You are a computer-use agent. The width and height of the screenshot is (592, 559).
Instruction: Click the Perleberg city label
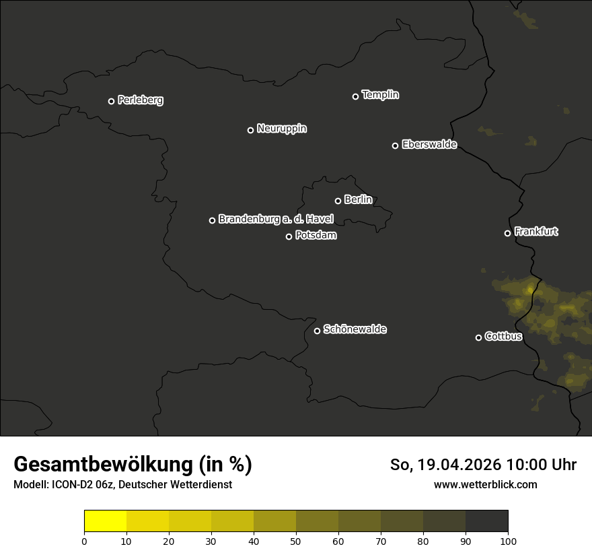tap(140, 100)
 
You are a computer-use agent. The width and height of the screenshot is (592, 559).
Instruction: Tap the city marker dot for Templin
tap(355, 96)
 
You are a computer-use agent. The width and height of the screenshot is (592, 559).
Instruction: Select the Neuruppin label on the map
tap(281, 129)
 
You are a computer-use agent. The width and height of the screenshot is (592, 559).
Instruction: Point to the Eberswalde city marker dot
tap(395, 145)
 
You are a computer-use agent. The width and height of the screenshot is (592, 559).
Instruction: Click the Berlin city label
tap(358, 199)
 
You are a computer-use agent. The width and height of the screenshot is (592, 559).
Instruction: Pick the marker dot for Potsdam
tap(289, 236)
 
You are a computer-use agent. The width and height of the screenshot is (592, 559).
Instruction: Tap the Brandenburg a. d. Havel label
tap(276, 219)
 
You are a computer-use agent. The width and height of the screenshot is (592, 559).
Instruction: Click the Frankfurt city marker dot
tap(507, 233)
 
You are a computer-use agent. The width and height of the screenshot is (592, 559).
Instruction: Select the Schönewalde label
tap(355, 329)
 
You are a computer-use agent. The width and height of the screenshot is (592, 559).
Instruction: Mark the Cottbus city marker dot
tap(478, 337)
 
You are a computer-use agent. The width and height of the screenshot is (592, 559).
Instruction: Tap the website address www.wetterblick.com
tap(485, 484)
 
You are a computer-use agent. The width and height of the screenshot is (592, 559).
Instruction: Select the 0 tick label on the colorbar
tap(84, 541)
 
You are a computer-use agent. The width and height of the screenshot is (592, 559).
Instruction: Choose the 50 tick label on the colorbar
tap(296, 541)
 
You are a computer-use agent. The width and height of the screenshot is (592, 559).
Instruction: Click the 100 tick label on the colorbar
tap(508, 541)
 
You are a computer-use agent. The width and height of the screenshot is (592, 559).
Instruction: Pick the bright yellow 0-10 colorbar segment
tap(105, 521)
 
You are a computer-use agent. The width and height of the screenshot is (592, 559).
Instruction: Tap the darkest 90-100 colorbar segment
tap(486, 521)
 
